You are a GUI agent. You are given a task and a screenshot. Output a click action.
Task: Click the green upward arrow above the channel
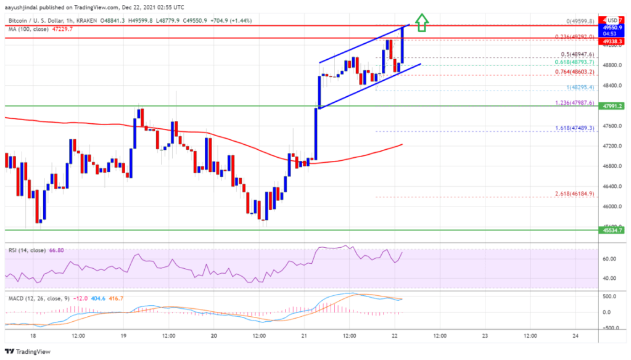click(x=421, y=23)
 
